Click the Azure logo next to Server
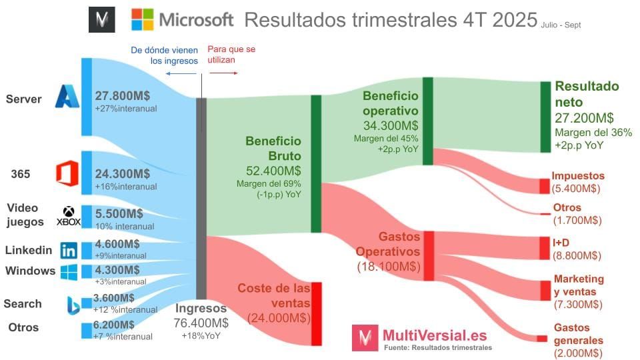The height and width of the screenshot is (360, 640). [x=67, y=97]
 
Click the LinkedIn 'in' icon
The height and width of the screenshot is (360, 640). [x=68, y=251]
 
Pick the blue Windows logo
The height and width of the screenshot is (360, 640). [x=69, y=271]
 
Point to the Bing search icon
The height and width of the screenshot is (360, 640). [x=73, y=304]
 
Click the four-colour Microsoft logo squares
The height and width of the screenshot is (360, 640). [x=142, y=19]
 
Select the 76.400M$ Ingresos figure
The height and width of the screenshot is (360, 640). [x=201, y=323]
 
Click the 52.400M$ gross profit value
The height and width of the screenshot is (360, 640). [x=273, y=169]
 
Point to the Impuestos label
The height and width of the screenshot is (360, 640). [x=578, y=176]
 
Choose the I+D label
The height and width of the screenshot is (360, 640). [x=561, y=242]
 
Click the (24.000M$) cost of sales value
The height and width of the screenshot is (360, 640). [x=279, y=319]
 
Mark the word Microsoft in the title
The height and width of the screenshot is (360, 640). [x=196, y=19]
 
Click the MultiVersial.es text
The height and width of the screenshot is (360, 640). [x=434, y=335]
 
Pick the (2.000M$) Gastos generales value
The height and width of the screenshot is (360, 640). [x=578, y=353]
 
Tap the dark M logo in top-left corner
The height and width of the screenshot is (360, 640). [x=102, y=20]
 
